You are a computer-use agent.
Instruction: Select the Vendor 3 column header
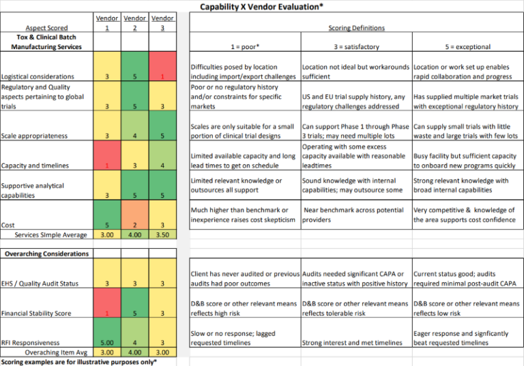click(x=162, y=22)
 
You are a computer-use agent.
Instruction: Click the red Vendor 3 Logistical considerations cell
click(x=162, y=77)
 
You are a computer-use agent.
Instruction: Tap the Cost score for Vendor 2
click(x=135, y=225)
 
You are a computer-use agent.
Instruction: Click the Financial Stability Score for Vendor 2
click(x=135, y=313)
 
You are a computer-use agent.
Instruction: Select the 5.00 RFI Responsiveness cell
click(x=107, y=343)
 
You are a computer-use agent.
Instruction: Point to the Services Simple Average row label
click(x=51, y=234)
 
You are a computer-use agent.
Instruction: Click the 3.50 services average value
click(x=162, y=234)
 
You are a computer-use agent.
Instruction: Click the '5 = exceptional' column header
click(x=466, y=47)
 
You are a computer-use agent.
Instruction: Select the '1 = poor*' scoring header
click(x=244, y=47)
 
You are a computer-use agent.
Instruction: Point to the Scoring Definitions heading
click(x=356, y=28)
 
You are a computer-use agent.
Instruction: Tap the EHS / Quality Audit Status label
click(x=40, y=284)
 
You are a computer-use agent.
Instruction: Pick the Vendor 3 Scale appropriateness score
click(x=162, y=136)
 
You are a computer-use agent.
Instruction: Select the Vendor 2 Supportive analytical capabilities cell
click(x=135, y=195)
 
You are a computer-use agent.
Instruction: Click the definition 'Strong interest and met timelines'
click(x=352, y=343)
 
